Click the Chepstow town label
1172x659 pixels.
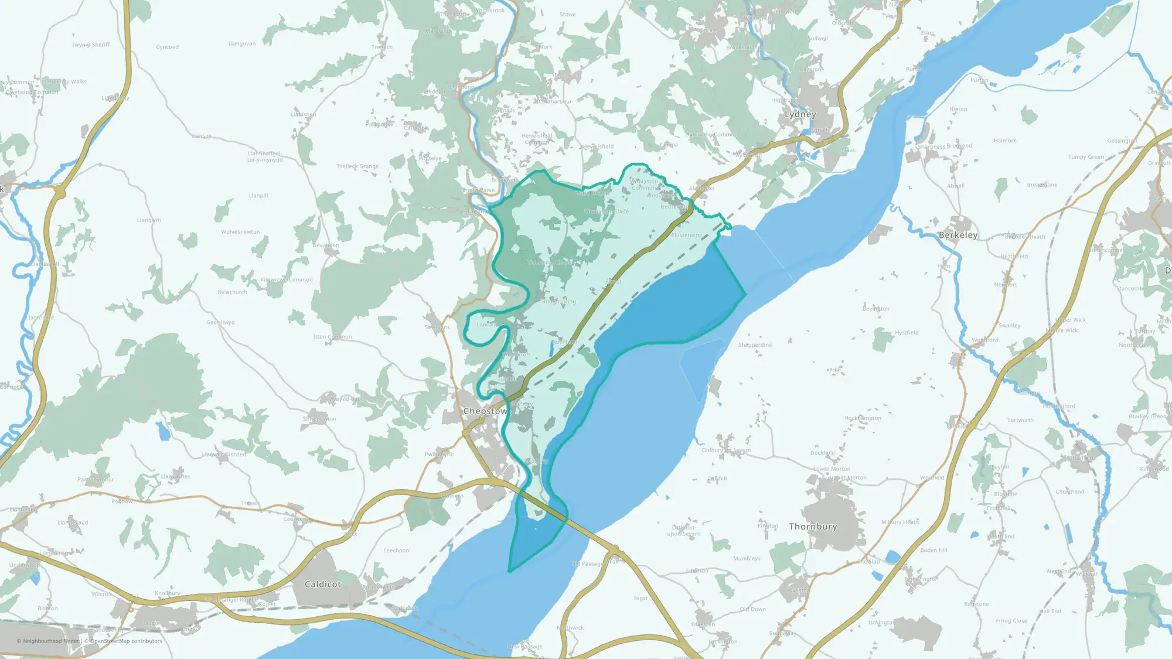click(485, 411)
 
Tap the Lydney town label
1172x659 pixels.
click(800, 114)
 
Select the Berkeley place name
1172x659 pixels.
click(958, 235)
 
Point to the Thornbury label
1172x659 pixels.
click(813, 527)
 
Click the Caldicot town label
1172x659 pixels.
click(323, 584)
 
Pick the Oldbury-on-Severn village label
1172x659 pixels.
click(726, 450)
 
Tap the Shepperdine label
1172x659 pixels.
click(755, 345)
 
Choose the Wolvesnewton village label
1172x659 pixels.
click(240, 232)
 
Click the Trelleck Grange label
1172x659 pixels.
click(357, 166)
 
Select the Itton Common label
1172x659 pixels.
click(332, 337)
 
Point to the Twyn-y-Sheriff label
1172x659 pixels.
click(90, 45)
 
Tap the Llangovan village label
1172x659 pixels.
click(241, 44)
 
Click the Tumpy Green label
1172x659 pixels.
click(1085, 157)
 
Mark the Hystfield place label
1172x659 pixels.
click(906, 333)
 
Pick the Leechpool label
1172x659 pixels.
click(397, 551)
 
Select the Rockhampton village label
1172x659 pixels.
click(863, 418)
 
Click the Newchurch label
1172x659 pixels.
click(232, 292)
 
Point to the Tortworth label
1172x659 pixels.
click(1020, 420)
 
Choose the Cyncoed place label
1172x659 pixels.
click(167, 47)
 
